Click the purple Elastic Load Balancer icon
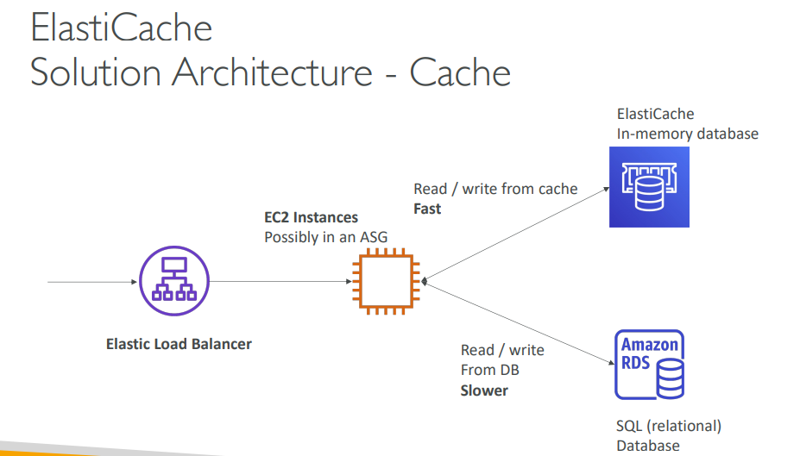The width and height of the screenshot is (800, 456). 170,281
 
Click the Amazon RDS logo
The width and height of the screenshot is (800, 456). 649,365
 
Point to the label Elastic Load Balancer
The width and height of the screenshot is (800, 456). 179,344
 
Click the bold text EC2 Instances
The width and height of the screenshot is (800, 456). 311,217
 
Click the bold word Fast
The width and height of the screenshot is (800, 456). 427,209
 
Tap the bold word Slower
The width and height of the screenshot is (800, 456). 484,390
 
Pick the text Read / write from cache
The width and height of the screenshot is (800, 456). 495,189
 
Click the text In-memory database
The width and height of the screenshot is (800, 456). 687,134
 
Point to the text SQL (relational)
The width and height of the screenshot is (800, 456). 669,425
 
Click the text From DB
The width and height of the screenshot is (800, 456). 490,371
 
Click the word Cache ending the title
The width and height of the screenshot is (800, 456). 460,72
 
